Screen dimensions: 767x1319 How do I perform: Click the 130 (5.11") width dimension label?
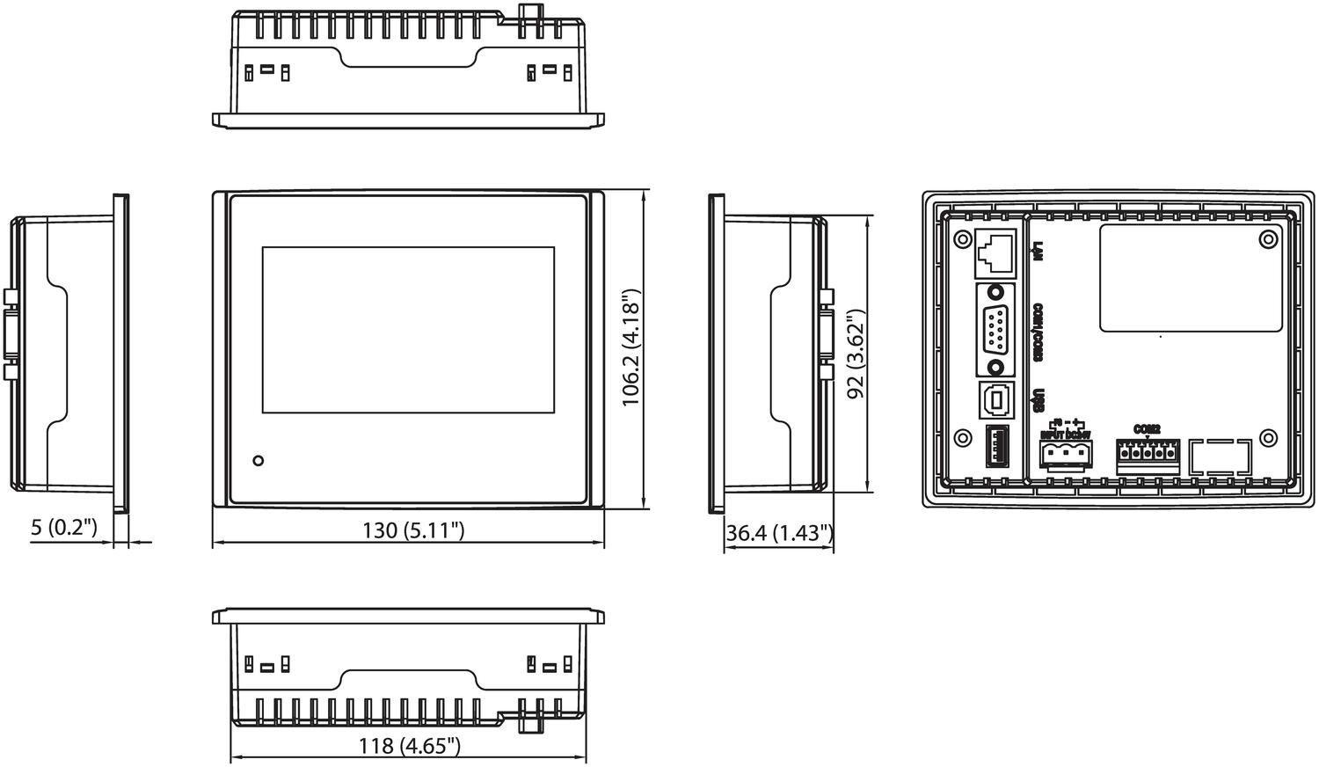click(413, 530)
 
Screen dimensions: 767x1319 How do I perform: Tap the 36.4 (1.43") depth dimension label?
click(779, 533)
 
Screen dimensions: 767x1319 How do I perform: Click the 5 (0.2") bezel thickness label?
click(63, 528)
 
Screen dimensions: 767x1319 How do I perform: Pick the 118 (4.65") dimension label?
click(410, 746)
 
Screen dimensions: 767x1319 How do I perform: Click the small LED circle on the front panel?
click(258, 461)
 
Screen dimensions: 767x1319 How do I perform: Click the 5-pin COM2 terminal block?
click(1148, 455)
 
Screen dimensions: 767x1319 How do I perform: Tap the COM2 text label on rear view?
click(1147, 429)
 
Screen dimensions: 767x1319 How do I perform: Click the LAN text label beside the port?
click(1038, 252)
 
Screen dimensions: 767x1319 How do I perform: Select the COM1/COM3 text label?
click(1038, 332)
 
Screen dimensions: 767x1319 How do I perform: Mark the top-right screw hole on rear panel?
click(1267, 239)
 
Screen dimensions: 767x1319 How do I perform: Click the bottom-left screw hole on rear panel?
click(963, 438)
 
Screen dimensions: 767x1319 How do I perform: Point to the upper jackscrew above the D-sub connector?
click(995, 293)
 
